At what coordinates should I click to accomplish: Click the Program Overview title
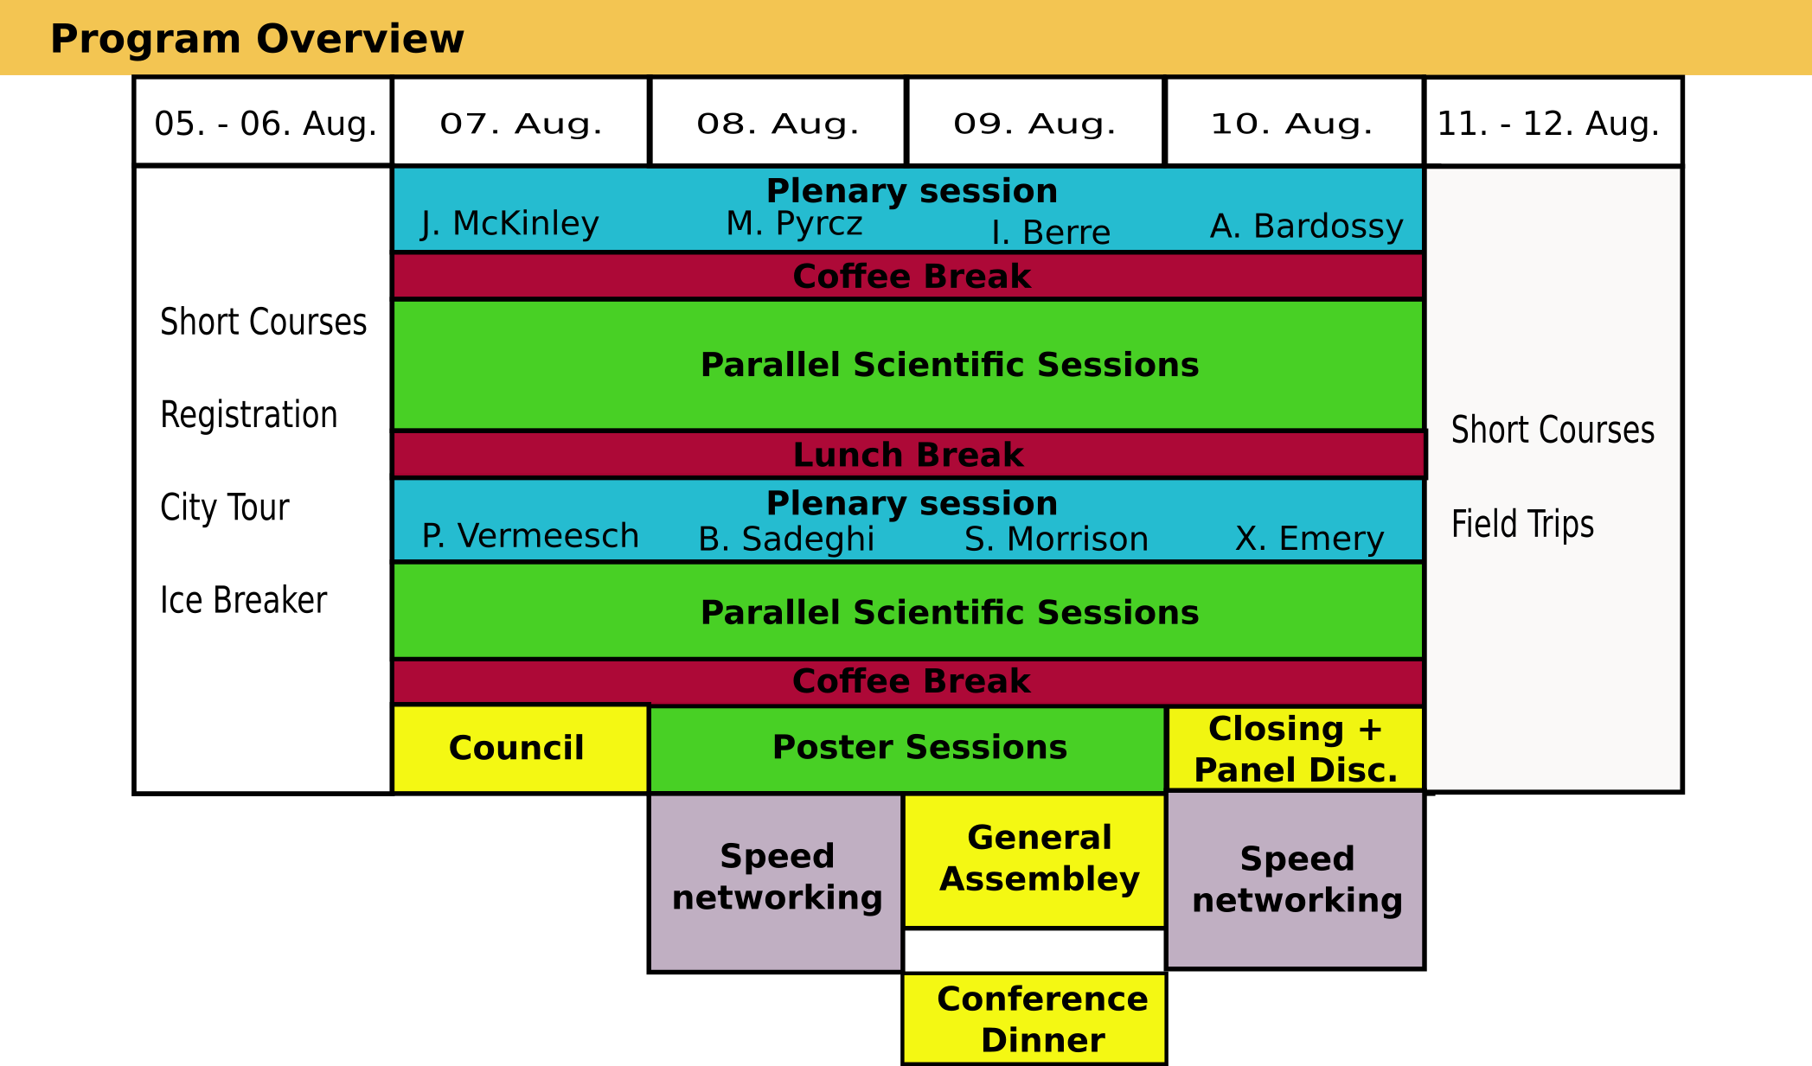(x=257, y=39)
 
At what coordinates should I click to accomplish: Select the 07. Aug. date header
(x=521, y=121)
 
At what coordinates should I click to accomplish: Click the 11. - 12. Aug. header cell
(x=1553, y=121)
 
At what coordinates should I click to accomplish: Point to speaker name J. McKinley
(x=510, y=224)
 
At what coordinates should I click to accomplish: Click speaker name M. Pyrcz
(x=794, y=224)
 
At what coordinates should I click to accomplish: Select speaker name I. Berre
(x=1051, y=233)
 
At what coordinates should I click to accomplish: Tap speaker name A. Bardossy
(x=1306, y=227)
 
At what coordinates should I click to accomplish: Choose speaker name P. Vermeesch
(x=530, y=536)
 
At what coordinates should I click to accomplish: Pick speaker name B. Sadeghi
(x=786, y=539)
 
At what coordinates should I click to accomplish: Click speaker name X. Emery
(x=1309, y=539)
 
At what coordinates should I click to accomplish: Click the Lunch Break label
(x=908, y=455)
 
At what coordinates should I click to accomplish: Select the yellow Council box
(x=521, y=749)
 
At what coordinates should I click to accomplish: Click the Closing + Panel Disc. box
(x=1295, y=749)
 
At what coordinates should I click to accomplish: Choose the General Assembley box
(x=1034, y=861)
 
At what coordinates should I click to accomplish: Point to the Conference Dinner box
(x=1034, y=1018)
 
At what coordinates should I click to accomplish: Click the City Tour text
(x=225, y=507)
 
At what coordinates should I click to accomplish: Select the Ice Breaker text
(x=244, y=600)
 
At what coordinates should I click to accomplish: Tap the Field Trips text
(x=1522, y=524)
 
